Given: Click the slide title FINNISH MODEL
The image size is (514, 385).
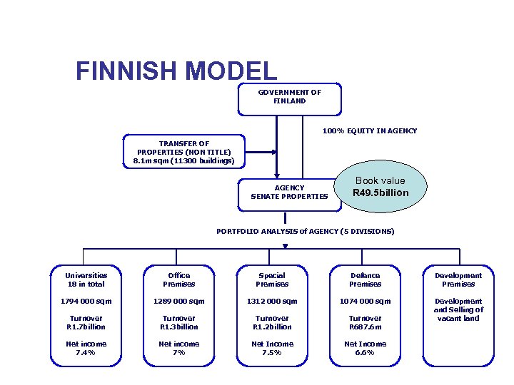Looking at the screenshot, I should pos(176,71).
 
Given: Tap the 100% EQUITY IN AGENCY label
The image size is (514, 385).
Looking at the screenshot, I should pos(369,131).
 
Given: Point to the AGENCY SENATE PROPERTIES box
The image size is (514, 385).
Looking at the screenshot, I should pos(289,192).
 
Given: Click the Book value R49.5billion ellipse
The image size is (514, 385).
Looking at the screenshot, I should pos(381,187).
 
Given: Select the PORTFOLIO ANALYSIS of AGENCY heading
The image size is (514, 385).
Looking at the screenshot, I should pos(305,232).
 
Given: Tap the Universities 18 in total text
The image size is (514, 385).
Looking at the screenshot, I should pos(85,279).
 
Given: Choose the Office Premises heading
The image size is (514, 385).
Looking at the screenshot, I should pos(178,279).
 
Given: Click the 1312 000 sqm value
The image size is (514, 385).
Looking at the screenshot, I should pos(272,302).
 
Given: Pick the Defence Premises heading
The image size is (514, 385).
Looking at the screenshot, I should pos(365,279).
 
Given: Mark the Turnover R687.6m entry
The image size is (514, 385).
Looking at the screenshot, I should pos(365,323).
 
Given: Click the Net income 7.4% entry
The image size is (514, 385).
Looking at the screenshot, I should pos(85,348).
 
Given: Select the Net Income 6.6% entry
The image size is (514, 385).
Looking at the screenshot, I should pos(365,348).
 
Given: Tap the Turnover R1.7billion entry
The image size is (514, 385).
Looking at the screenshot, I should pos(85,323).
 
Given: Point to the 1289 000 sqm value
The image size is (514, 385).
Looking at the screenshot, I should pos(178,302).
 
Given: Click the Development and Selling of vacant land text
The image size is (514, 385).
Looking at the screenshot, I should pos(458,310).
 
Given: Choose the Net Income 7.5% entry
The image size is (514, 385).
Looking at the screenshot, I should pos(272,348).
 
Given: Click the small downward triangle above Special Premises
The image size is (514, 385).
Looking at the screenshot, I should pos(286,247).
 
